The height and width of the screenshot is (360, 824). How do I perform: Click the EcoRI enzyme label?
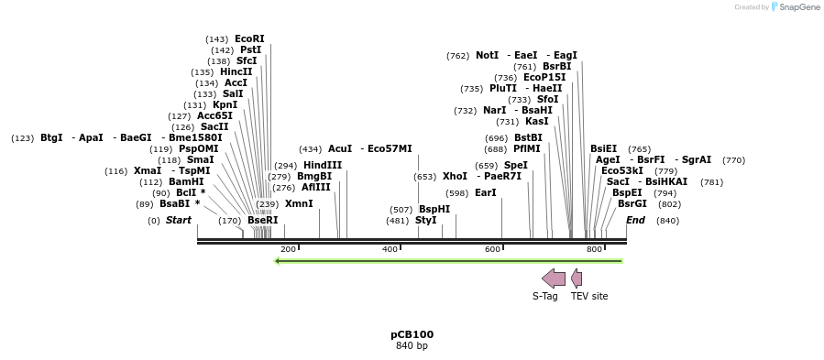coord(249,38)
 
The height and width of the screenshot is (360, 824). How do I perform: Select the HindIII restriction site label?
coord(323,165)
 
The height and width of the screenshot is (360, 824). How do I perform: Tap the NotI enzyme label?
coord(487,55)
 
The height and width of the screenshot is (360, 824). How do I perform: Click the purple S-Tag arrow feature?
coord(554,278)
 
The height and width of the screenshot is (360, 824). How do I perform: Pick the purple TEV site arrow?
coord(576,278)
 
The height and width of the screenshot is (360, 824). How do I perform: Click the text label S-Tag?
coord(545,296)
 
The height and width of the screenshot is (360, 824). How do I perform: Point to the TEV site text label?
coord(589,296)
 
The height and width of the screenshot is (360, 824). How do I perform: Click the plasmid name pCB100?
coord(412,334)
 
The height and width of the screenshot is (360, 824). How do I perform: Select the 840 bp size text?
coord(412,345)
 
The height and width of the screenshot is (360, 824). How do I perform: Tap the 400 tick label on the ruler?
coord(390,249)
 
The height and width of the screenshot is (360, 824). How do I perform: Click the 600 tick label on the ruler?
coord(493,249)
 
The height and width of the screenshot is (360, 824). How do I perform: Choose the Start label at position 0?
coord(179,220)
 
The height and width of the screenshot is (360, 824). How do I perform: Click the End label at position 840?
coord(636,220)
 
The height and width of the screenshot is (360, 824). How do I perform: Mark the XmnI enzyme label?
coord(299,203)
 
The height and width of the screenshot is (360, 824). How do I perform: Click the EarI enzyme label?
coord(486,192)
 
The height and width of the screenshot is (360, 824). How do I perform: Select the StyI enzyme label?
coord(426,220)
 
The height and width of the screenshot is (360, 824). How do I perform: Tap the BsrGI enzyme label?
coord(632,203)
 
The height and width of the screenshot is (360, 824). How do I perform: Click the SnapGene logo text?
coord(799,7)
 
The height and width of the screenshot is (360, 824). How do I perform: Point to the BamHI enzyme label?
coord(186,181)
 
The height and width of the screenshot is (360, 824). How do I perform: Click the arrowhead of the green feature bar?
coord(278,261)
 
